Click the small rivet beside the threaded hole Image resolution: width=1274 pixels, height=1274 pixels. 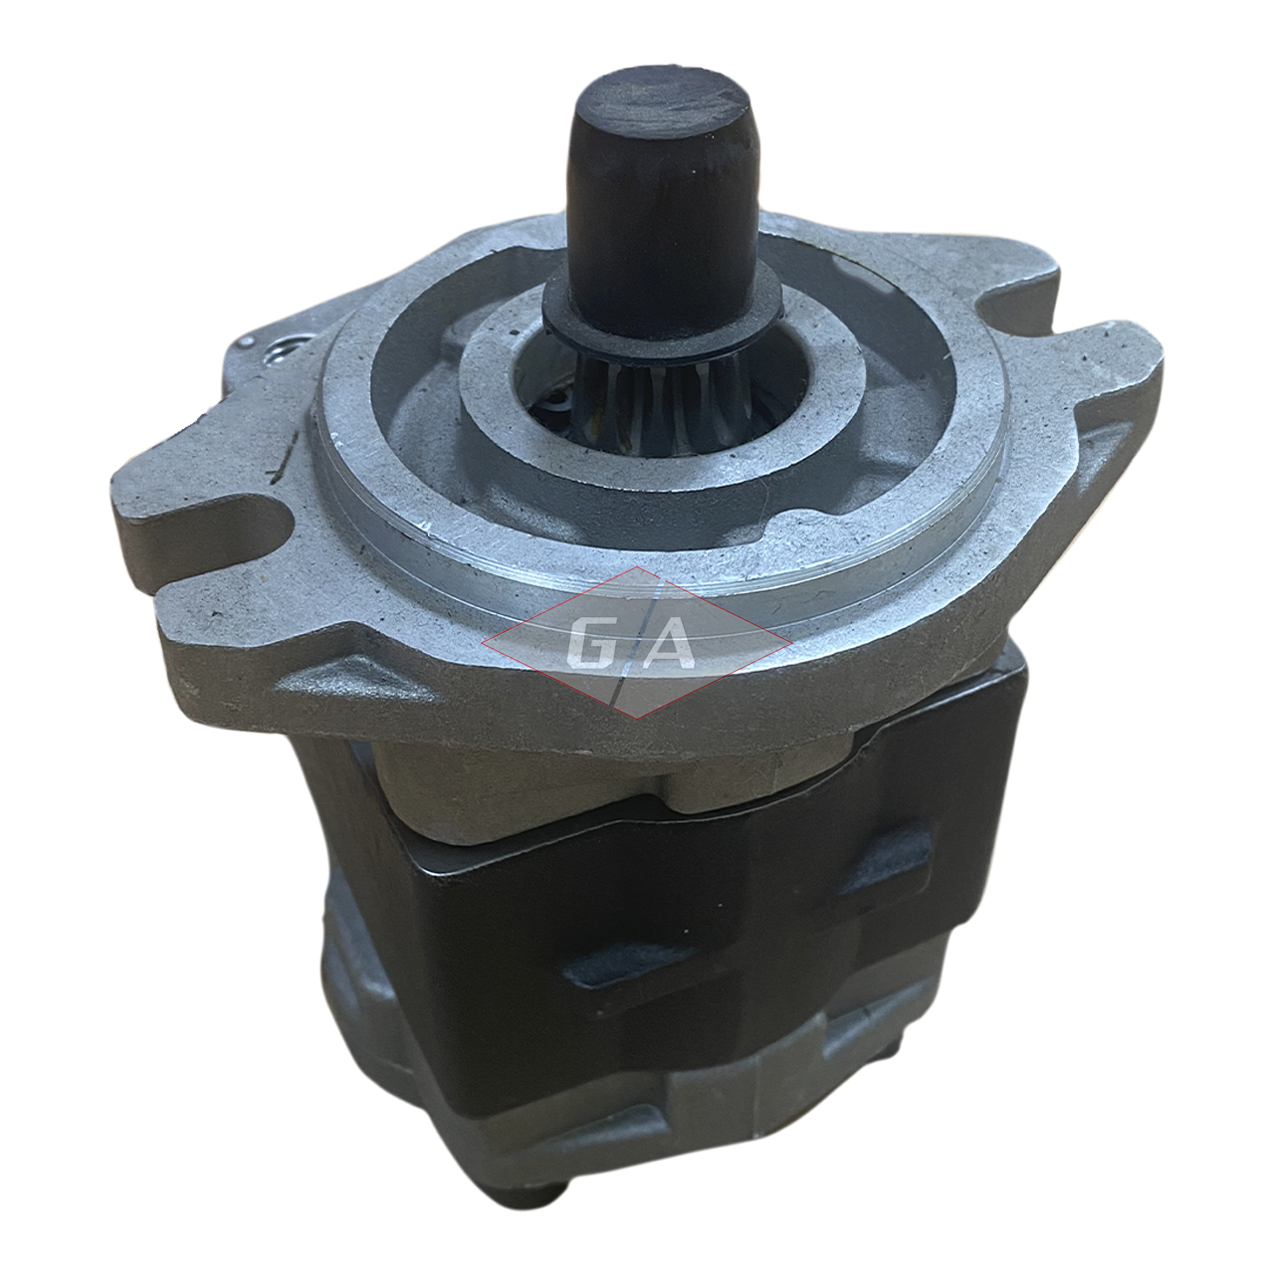tap(246, 342)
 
